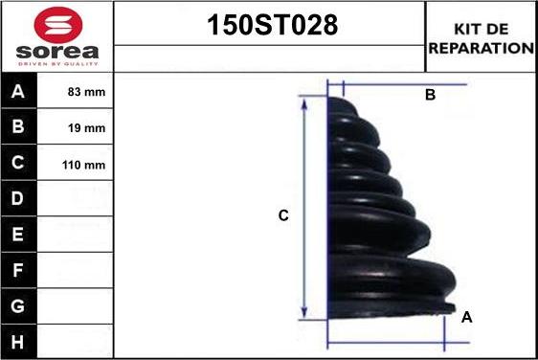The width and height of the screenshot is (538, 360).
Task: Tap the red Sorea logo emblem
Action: pos(56,23)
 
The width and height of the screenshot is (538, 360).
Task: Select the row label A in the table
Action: pos(19,93)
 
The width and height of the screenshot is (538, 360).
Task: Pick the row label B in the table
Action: pos(19,128)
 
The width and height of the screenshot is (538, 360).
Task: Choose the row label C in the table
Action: pos(19,164)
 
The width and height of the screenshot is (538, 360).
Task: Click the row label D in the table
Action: pos(19,199)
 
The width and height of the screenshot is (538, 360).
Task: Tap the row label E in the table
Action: pos(19,235)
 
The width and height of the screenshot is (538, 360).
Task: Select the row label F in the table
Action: pos(19,270)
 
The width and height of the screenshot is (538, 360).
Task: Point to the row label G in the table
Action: pos(19,305)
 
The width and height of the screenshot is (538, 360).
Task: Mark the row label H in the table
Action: pos(19,341)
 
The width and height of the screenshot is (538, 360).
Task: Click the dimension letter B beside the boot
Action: pos(430,95)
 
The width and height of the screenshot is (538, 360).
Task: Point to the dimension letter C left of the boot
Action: pos(283,216)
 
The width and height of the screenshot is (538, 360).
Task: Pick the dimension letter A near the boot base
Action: pos(466,317)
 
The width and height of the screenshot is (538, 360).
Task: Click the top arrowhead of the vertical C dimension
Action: pos(304,102)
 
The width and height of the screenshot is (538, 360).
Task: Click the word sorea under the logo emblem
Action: pos(56,52)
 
